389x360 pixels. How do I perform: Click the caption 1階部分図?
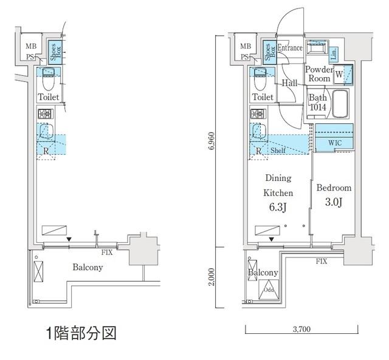click(x=80, y=333)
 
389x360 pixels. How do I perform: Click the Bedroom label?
click(x=334, y=188)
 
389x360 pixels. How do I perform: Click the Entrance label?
click(x=291, y=48)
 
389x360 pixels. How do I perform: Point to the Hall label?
click(x=289, y=83)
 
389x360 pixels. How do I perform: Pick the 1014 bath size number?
click(x=317, y=107)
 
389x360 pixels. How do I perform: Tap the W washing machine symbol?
click(x=339, y=75)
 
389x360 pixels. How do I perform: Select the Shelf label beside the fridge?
click(x=278, y=151)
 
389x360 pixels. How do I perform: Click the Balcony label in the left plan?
click(x=88, y=267)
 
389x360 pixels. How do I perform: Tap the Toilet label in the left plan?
click(x=48, y=97)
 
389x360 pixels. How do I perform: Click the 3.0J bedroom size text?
click(x=334, y=202)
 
